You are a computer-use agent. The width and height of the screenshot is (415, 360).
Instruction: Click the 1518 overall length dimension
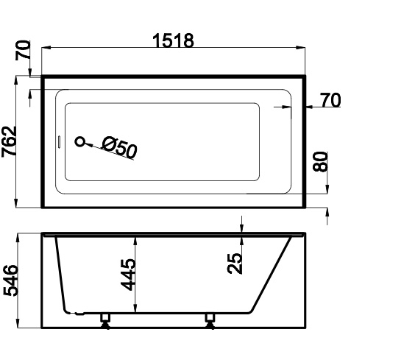click(174, 40)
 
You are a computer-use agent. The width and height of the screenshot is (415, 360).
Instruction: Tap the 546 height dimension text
click(10, 280)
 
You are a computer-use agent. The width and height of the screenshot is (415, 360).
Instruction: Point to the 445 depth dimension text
click(128, 275)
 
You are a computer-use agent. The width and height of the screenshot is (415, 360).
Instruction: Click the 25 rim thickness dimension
click(235, 264)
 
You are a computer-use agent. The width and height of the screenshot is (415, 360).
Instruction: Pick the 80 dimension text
click(320, 161)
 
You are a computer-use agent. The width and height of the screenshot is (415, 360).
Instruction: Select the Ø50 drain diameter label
click(120, 147)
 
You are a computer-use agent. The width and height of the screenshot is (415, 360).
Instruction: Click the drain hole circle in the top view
click(80, 142)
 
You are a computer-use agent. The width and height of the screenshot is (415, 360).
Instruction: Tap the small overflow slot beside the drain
click(59, 142)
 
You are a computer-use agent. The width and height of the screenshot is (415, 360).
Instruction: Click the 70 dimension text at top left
click(23, 50)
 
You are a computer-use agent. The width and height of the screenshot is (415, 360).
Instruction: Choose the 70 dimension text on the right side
click(330, 100)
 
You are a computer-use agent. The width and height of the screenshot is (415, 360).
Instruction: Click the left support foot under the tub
click(105, 321)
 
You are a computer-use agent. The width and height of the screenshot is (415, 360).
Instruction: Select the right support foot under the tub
click(210, 321)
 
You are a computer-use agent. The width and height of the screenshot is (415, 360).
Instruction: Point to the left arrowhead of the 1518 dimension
click(46, 48)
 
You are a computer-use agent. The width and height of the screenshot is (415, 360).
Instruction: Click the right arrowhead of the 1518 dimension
click(301, 48)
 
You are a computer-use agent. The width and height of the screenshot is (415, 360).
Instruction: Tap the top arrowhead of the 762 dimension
click(16, 80)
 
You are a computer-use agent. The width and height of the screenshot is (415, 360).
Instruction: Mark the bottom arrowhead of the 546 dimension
click(18, 323)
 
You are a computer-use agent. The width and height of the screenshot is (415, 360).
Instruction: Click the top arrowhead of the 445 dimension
click(135, 241)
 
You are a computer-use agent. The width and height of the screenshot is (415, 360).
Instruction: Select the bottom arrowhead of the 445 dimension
click(135, 308)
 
